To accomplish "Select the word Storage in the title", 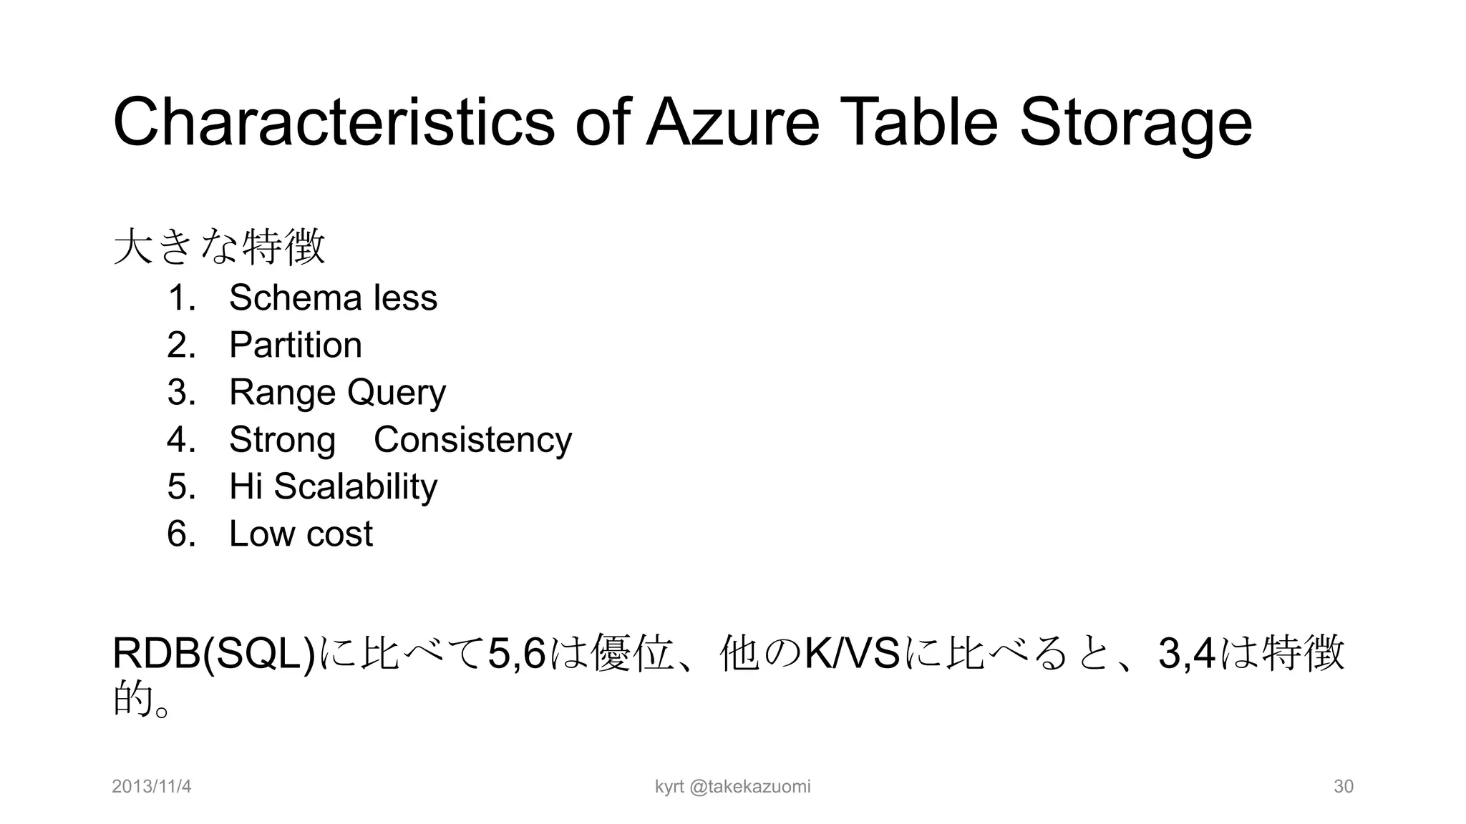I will tap(1135, 123).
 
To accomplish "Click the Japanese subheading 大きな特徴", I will tap(220, 247).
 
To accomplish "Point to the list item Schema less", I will tap(333, 298).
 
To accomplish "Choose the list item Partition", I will tap(295, 345).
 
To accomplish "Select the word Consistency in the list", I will tap(472, 439).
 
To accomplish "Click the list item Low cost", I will tap(301, 534).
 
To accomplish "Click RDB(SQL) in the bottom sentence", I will tap(214, 654).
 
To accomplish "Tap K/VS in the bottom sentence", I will tap(852, 654).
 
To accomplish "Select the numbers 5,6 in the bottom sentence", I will tap(516, 654).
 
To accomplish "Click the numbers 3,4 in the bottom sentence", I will tap(1186, 654).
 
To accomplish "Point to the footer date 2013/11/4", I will tap(152, 787).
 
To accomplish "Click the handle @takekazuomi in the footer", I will tap(749, 787).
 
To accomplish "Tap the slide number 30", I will tap(1343, 787).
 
